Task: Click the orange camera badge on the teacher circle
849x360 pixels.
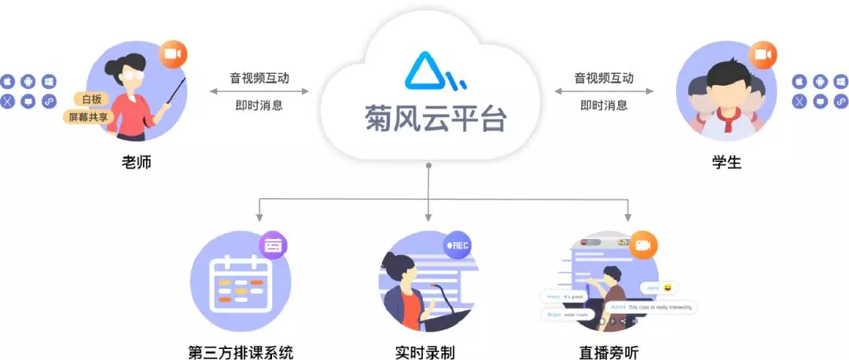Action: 174,55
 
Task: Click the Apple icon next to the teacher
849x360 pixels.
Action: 8,82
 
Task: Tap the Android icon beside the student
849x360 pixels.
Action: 820,82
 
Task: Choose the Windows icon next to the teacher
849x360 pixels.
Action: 49,82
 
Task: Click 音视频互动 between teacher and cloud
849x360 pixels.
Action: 259,79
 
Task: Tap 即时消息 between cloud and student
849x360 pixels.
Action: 604,105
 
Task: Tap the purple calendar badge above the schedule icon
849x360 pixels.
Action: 273,245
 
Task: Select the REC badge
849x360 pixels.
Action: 458,245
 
